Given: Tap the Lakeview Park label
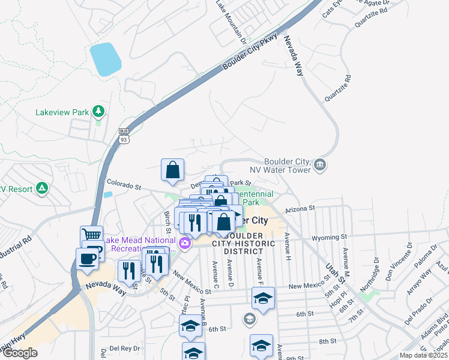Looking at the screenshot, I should (62, 112).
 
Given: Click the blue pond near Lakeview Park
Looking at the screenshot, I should (105, 59).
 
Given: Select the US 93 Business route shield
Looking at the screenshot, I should (124, 136).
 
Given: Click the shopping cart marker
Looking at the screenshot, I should (91, 235).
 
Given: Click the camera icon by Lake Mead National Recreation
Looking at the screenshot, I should (184, 244).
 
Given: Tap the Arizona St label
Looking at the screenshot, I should (300, 209).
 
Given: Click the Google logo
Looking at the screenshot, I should (19, 353).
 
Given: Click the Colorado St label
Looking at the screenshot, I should (123, 185).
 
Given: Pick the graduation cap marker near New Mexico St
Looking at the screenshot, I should (262, 298).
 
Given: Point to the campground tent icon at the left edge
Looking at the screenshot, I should (41, 188).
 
